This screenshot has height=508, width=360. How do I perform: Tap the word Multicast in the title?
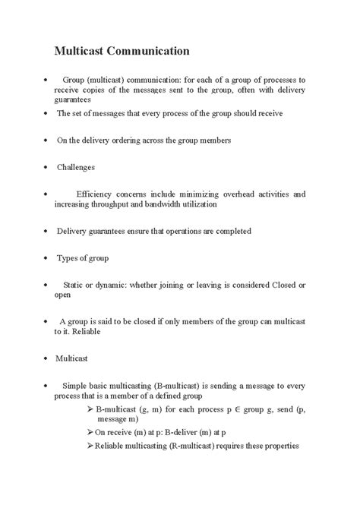tap(81, 52)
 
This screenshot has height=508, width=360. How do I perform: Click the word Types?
tap(68, 257)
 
